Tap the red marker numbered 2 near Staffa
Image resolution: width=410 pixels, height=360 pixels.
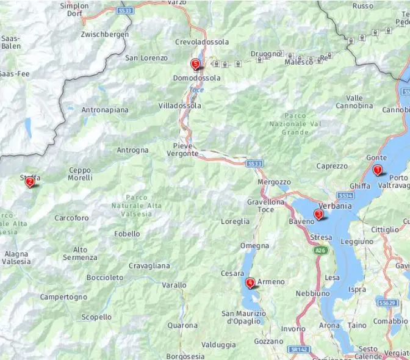click(29, 181)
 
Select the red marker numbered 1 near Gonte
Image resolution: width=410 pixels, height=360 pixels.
click(378, 170)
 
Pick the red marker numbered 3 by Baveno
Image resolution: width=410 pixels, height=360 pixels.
click(318, 214)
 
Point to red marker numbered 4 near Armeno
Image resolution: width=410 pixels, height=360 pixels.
click(250, 283)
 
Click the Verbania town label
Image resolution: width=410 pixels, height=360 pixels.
click(335, 206)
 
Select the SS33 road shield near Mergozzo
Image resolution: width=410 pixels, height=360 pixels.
click(255, 164)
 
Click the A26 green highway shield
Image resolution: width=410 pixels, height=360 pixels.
click(319, 250)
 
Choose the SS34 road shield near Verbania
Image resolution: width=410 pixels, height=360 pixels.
click(345, 196)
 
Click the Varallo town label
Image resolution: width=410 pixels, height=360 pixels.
click(174, 285)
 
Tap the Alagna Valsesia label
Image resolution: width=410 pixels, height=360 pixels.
click(16, 257)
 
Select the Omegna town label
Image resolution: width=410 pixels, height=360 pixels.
click(254, 246)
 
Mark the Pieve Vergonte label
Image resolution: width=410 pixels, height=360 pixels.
click(182, 149)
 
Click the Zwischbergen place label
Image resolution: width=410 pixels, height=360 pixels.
click(105, 35)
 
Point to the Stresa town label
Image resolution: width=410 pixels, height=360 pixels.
click(321, 237)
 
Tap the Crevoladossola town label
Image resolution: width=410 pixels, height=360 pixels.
click(202, 42)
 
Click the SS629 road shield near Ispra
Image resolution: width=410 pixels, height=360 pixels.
click(387, 303)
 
